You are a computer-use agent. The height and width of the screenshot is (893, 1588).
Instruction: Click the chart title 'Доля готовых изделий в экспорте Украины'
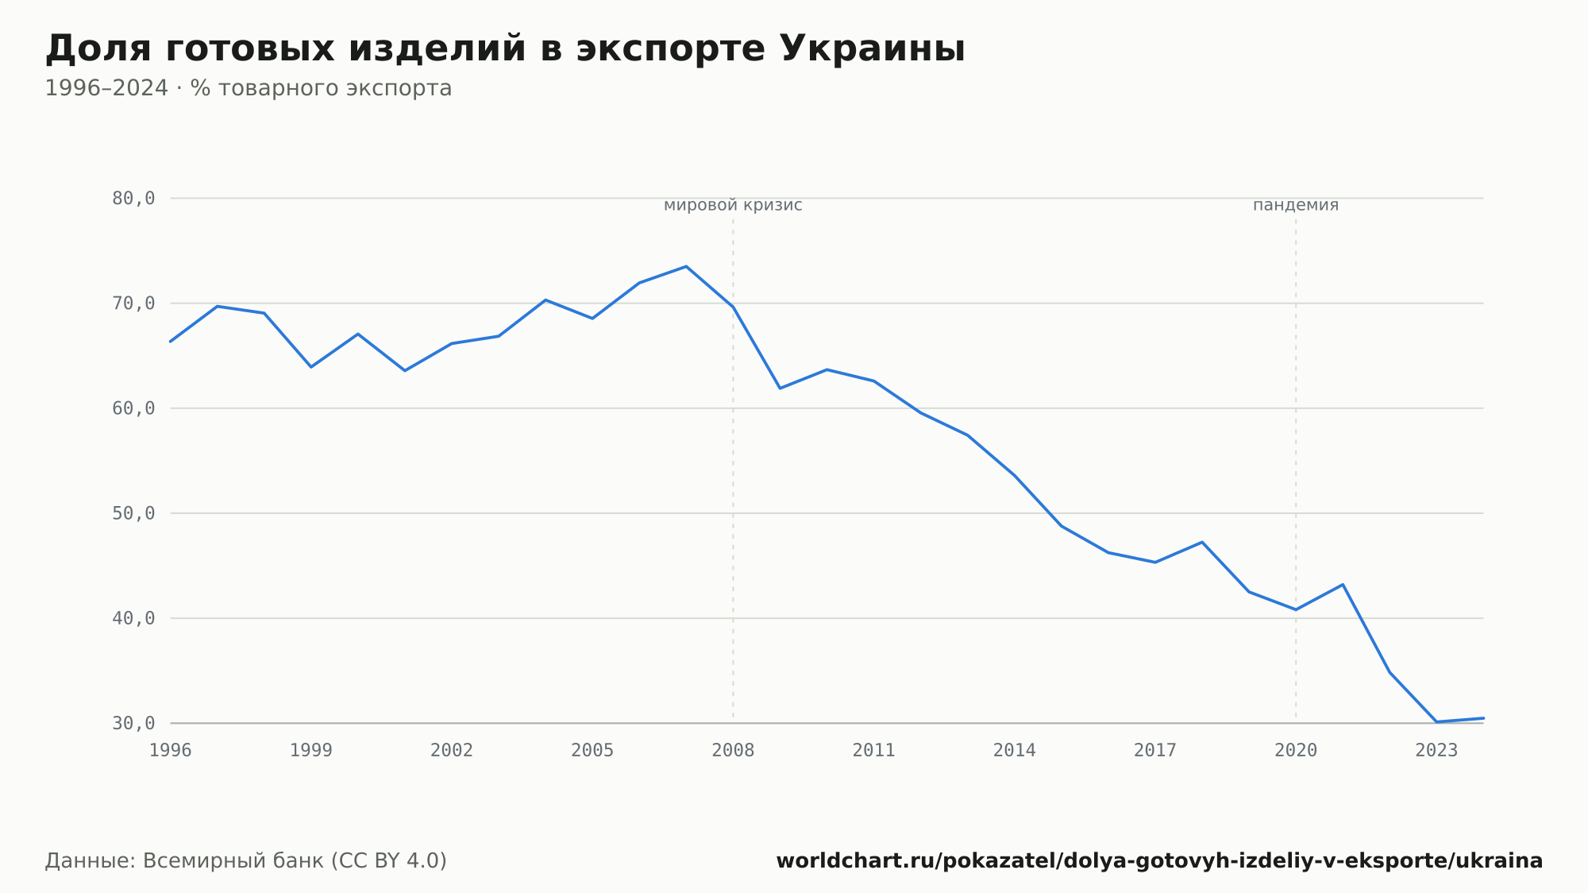tap(505, 48)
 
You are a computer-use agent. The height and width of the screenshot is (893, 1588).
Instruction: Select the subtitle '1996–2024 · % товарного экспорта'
tap(248, 88)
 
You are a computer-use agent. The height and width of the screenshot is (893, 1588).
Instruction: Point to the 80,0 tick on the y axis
tap(133, 199)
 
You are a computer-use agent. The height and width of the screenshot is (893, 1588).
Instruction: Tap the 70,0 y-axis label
tap(133, 303)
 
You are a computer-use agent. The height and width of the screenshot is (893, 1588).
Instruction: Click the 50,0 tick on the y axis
tap(133, 513)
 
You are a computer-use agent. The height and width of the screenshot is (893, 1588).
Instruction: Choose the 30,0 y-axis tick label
tap(133, 723)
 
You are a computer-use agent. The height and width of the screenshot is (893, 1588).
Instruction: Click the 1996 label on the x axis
tap(171, 751)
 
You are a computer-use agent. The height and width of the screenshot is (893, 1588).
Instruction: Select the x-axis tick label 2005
tap(592, 751)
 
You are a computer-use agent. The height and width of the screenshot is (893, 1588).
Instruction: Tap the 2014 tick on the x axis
tap(1015, 751)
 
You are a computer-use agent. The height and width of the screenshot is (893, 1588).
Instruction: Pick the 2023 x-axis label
tap(1436, 751)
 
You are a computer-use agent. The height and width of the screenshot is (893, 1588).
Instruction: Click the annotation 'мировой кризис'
tap(733, 206)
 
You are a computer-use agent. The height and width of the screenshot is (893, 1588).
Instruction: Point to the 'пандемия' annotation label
tap(1296, 206)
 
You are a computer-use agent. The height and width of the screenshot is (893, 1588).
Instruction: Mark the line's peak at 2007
tap(686, 266)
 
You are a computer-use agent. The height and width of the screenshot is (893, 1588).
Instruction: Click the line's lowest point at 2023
tap(1436, 721)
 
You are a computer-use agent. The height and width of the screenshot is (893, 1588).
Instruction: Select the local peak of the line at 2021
tap(1343, 585)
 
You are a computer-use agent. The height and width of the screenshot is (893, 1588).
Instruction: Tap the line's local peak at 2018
tap(1202, 542)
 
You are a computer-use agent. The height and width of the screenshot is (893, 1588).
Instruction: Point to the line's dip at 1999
tap(311, 367)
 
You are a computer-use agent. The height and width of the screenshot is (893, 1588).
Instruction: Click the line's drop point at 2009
tap(780, 389)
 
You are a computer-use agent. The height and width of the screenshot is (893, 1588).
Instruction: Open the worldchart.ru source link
tap(1159, 861)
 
